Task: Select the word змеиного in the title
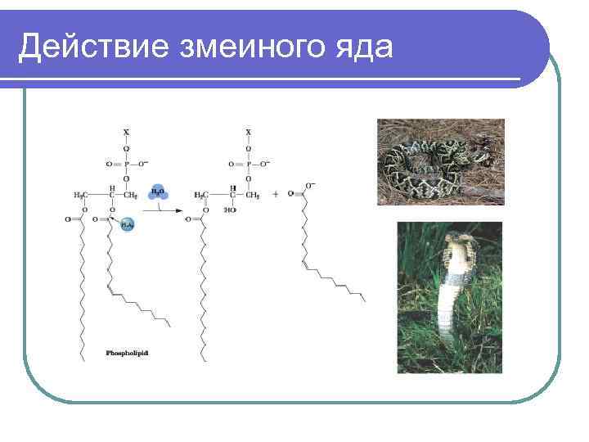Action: click(x=250, y=48)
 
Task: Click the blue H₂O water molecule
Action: click(x=159, y=192)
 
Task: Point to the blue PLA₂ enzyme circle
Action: click(x=127, y=224)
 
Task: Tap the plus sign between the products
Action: click(x=276, y=195)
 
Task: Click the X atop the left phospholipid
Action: click(x=125, y=131)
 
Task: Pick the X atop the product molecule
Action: click(x=249, y=131)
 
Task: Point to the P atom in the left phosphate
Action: click(x=125, y=165)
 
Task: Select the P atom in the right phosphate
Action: click(x=249, y=165)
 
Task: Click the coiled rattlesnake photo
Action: click(x=440, y=162)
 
